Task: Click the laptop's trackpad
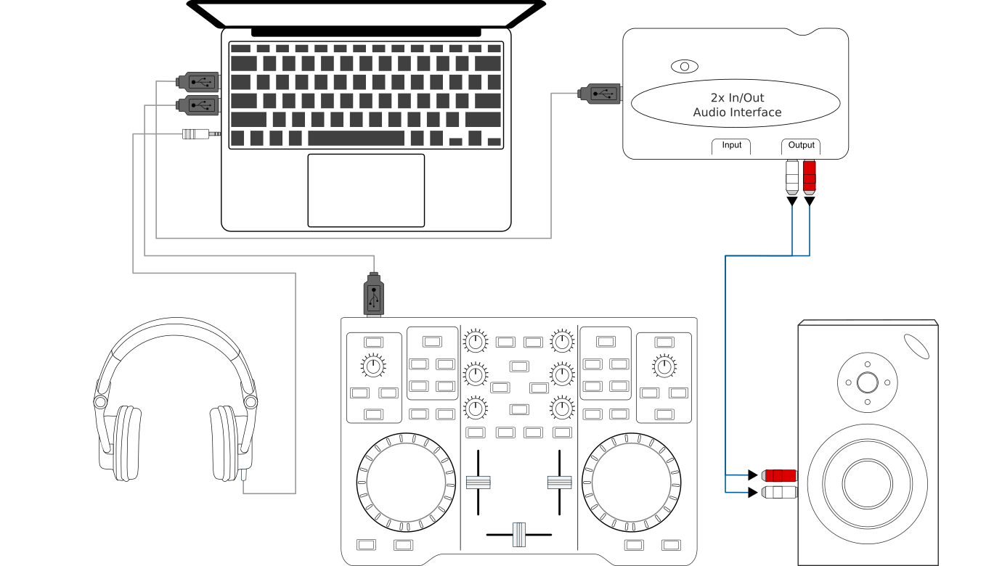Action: (366, 190)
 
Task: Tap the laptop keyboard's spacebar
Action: (356, 138)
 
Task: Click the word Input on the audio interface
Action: (731, 145)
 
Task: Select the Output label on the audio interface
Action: (802, 145)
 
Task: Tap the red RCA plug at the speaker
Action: (779, 476)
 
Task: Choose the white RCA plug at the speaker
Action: (779, 493)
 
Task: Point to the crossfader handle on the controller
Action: (518, 534)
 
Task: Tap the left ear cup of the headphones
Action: (127, 443)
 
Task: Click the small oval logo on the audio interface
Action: (684, 67)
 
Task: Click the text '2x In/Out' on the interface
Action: (737, 98)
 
